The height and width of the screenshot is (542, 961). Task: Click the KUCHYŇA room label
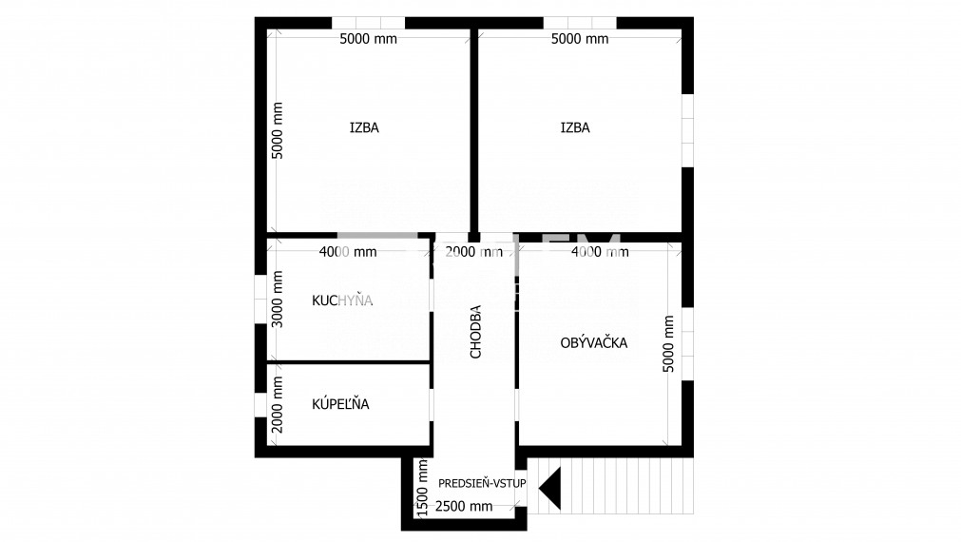tap(342, 300)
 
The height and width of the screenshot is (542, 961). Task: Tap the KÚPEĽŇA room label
tap(340, 404)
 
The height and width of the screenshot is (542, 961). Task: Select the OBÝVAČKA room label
tap(594, 342)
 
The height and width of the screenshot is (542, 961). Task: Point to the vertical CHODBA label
tap(475, 332)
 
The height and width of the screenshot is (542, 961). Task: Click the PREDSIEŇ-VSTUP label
tap(482, 483)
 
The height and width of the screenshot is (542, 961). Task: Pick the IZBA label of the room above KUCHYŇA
tap(364, 127)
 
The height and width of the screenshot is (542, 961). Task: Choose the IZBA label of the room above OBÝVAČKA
tap(575, 127)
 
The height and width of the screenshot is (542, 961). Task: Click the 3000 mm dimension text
tap(278, 300)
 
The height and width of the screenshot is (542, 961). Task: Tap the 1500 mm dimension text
tap(422, 489)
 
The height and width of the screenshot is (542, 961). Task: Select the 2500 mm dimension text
tap(464, 507)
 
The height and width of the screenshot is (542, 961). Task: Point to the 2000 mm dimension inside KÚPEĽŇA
tap(278, 405)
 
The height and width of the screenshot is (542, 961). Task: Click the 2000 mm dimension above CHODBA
tap(473, 251)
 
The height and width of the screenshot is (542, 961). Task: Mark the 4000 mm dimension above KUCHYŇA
tap(348, 251)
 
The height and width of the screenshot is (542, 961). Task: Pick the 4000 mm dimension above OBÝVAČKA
tap(600, 251)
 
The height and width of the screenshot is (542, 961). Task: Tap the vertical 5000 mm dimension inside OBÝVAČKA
tap(668, 344)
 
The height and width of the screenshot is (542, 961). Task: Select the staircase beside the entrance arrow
tap(610, 486)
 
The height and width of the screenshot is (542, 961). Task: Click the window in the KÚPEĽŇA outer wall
tap(260, 405)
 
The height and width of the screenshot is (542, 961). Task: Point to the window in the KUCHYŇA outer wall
tap(260, 300)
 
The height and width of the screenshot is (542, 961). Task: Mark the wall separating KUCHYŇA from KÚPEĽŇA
tap(348, 362)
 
